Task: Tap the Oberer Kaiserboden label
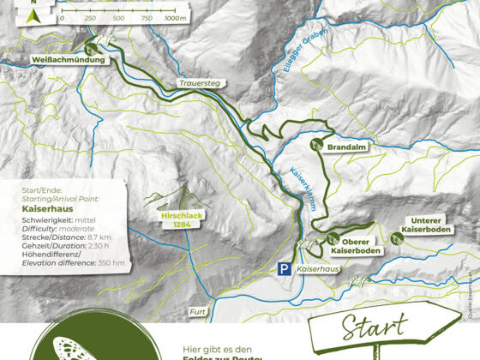tap(355, 247)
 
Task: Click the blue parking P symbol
tap(283, 269)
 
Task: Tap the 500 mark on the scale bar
tap(119, 18)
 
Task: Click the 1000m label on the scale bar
tap(175, 18)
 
